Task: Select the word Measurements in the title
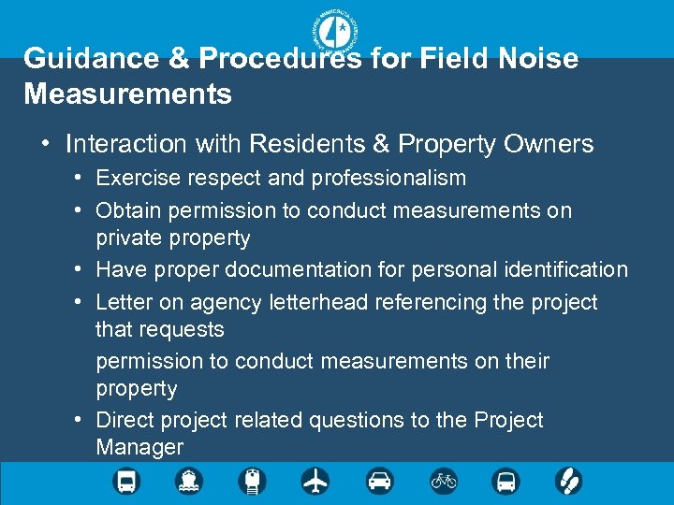point(128,94)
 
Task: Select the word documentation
point(295,270)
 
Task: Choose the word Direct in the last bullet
point(125,421)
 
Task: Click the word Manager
point(139,448)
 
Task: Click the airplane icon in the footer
point(315,482)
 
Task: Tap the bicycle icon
point(443,482)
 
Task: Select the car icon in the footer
point(379,482)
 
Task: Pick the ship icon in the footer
point(188,482)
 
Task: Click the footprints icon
point(569,482)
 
